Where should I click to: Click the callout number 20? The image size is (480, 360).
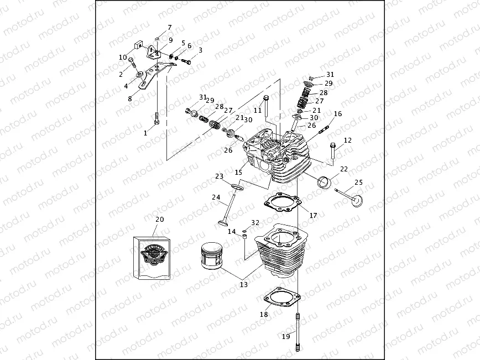click(x=159, y=220)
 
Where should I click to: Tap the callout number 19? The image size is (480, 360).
click(x=286, y=336)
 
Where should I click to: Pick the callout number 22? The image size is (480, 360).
click(x=343, y=169)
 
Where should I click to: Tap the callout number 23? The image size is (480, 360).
click(x=220, y=177)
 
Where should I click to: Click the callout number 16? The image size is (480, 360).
click(x=338, y=113)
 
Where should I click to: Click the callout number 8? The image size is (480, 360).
click(x=130, y=98)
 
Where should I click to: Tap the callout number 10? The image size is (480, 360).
click(x=123, y=57)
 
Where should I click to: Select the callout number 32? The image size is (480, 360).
click(x=254, y=222)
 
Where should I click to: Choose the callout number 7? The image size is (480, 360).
click(x=170, y=27)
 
